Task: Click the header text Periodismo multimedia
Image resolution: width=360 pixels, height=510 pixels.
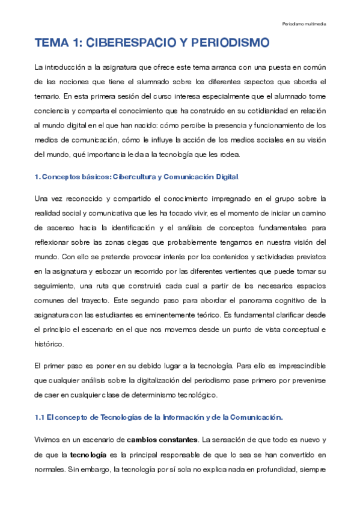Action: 304,24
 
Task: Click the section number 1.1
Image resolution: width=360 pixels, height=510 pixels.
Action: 40,417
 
